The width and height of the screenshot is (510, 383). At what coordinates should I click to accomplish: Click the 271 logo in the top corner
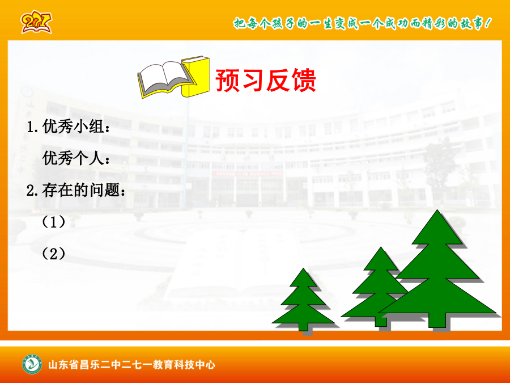[36, 22]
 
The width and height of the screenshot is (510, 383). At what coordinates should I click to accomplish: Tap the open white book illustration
[164, 79]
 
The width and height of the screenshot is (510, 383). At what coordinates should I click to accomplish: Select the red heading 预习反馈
[265, 80]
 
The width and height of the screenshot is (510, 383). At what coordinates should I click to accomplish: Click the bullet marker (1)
[53, 222]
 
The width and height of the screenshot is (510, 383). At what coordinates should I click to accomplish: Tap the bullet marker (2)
[53, 254]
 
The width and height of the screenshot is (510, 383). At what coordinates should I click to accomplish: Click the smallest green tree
[303, 300]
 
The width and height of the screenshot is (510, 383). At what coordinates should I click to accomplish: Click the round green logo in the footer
[32, 364]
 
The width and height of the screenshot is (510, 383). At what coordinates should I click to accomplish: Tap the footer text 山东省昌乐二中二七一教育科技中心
[131, 365]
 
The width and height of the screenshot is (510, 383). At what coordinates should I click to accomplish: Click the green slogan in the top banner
[362, 23]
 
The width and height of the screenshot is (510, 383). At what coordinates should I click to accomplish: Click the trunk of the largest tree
[437, 321]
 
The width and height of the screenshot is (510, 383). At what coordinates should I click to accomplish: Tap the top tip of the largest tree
[437, 210]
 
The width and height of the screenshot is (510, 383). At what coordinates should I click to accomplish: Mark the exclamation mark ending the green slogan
[487, 23]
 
